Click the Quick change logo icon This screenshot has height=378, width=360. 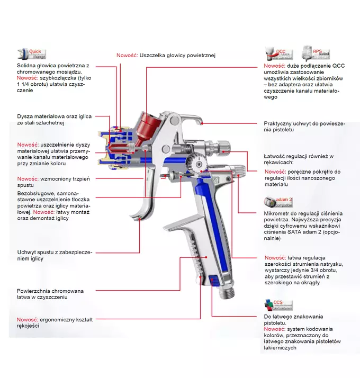coord(31,54)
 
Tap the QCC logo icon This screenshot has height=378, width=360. coord(278,54)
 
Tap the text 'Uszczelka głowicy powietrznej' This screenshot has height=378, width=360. coord(177,55)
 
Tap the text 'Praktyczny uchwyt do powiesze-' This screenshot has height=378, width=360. coord(304,123)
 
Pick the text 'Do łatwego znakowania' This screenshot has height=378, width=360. coord(293,317)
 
